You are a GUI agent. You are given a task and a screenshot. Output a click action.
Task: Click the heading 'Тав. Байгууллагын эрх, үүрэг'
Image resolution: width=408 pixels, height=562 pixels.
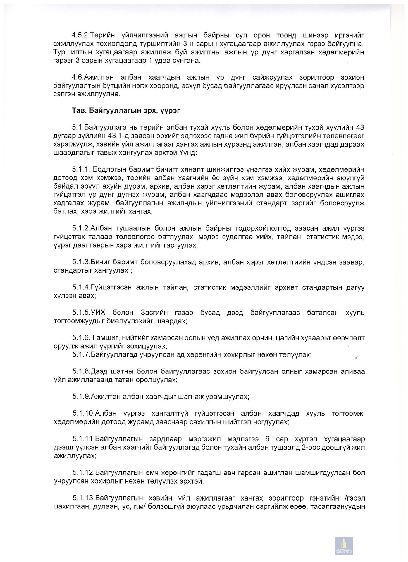[126, 111]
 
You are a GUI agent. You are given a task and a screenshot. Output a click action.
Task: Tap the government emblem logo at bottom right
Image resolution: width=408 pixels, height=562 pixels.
[344, 546]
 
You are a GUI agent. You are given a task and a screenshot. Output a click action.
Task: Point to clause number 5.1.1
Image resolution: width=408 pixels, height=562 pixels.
[81, 170]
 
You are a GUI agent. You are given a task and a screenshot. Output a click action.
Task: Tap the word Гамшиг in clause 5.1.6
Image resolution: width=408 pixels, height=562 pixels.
[106, 338]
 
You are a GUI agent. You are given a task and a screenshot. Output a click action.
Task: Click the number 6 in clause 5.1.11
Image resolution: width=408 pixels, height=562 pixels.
[267, 439]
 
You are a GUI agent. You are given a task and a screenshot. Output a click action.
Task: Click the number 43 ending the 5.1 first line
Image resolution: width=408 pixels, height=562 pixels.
[360, 128]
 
